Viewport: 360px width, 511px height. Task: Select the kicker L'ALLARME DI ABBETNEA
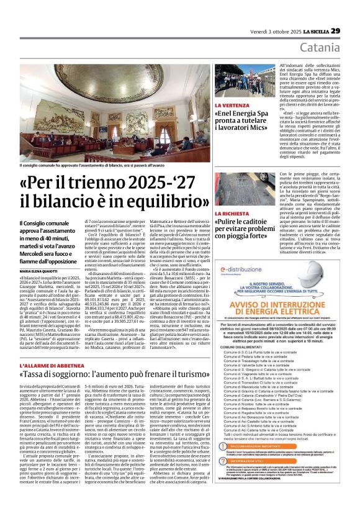(47, 366)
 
